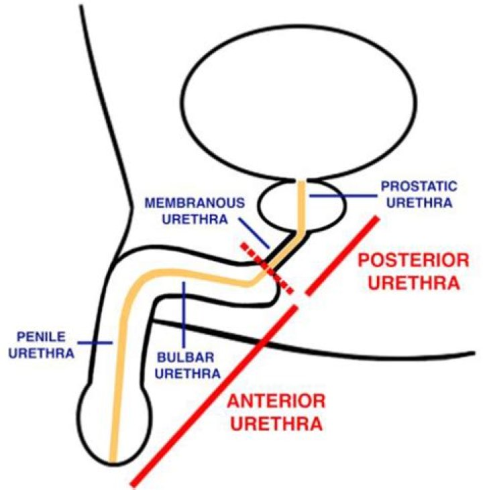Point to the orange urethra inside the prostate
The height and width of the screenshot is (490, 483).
coord(303,208)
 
